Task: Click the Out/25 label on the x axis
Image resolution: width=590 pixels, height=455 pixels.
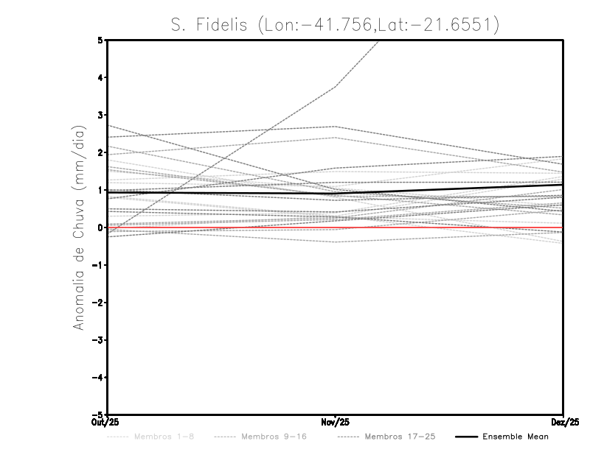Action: (x=107, y=423)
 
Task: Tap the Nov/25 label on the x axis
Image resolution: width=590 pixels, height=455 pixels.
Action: (x=336, y=423)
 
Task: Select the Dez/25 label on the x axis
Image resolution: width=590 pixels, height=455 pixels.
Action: (x=563, y=423)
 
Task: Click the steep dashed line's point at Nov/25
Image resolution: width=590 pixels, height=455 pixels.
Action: (x=336, y=87)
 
